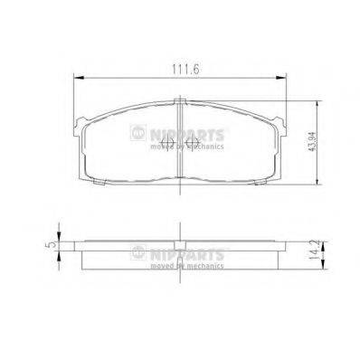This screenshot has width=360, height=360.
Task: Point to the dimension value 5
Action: pos(52,242)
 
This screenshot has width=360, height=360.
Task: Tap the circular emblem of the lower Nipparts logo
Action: pos(138,252)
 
